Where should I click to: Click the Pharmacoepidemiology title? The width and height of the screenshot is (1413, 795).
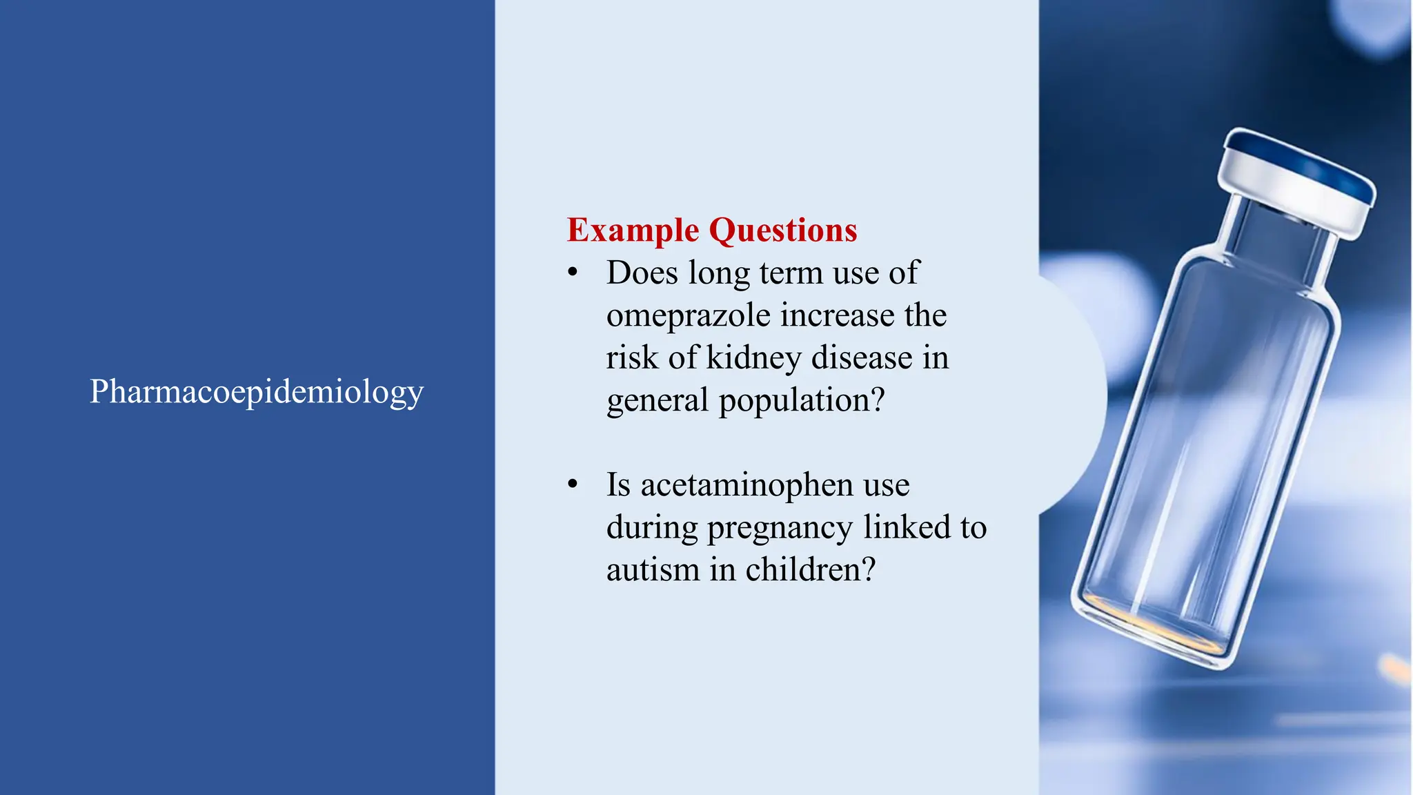point(257,392)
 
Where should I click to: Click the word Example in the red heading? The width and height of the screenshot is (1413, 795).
point(633,230)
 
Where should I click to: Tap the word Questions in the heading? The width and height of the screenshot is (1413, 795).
point(783,230)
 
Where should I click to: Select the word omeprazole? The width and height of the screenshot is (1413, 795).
point(688,316)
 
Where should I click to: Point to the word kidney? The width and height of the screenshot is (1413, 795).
point(754,358)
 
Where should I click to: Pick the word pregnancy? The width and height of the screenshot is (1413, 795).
point(780,529)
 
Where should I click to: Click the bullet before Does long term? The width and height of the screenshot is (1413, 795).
point(573,273)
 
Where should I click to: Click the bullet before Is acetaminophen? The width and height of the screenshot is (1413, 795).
point(573,485)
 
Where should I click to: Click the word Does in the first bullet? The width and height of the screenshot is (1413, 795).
point(642,273)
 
